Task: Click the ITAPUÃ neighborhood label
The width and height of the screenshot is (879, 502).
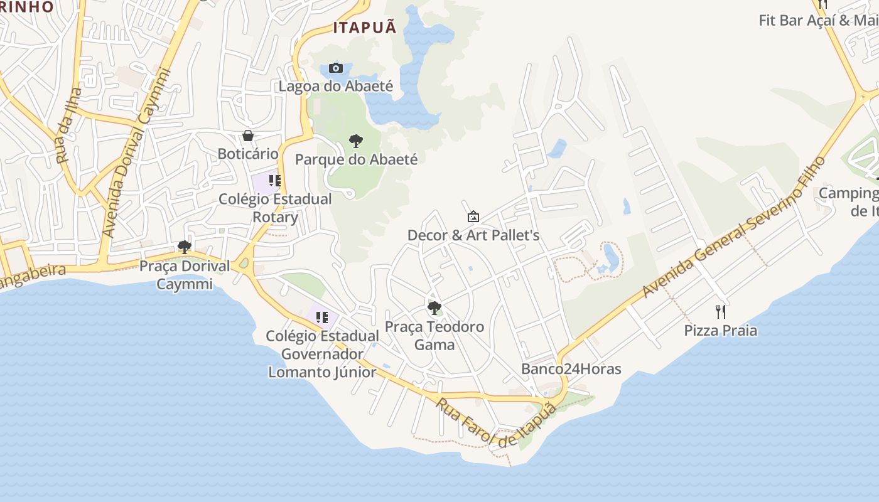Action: (365, 28)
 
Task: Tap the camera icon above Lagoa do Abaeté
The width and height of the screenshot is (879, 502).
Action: (336, 68)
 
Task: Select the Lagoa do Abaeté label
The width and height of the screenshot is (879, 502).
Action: (336, 86)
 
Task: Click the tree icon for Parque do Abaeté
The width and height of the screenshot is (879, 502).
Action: (356, 141)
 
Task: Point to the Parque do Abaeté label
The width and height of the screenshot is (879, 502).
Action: (356, 159)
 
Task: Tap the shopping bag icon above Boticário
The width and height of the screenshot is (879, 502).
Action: (248, 136)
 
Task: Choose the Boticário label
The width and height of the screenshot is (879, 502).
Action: (248, 154)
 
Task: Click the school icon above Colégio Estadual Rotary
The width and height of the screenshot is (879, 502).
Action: (274, 181)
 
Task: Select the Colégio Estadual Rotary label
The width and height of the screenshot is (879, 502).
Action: (275, 208)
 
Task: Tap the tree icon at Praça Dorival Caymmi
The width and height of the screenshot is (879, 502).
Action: (184, 247)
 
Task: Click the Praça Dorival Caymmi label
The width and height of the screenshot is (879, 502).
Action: (185, 275)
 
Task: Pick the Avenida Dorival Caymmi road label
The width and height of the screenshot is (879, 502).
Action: (136, 154)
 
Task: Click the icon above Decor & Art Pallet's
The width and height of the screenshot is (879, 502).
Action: (473, 217)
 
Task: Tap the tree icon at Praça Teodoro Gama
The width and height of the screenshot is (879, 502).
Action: (434, 308)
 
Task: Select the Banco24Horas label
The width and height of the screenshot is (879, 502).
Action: (571, 369)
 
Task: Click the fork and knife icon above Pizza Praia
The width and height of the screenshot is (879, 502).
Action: (721, 312)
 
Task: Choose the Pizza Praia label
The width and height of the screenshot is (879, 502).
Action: (721, 331)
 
